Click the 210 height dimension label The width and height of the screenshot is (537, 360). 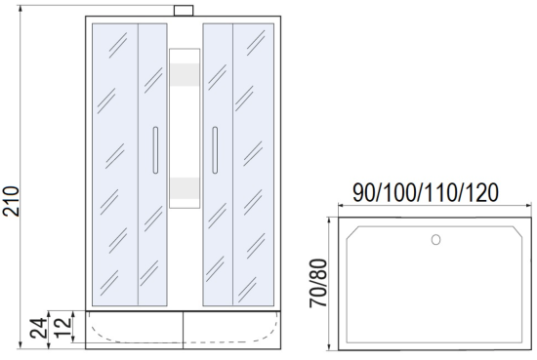[x=11, y=201]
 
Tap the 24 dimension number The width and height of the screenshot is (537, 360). [x=38, y=328]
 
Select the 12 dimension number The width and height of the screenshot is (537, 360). [x=63, y=328]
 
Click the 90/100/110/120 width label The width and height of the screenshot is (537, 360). [x=426, y=193]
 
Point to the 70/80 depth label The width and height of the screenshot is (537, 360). [x=318, y=283]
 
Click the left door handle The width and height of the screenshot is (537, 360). [x=155, y=150]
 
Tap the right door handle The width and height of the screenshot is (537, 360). [x=215, y=150]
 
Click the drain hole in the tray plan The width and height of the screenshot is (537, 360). [x=435, y=240]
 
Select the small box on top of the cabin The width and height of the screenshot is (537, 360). [x=184, y=11]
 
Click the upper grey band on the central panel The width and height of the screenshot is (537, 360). [x=185, y=74]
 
